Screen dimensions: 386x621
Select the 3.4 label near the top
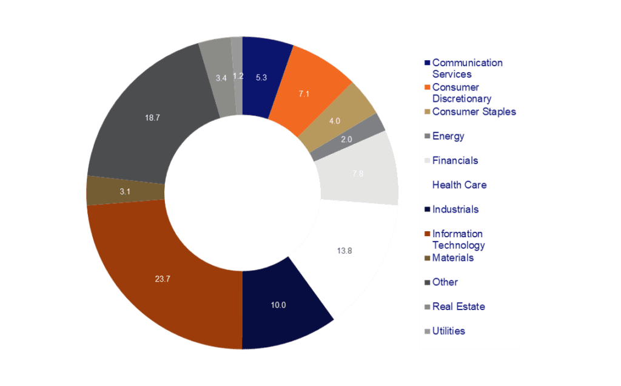(x=221, y=78)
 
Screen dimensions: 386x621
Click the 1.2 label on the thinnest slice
(x=238, y=76)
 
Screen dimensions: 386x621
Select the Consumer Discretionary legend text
(x=462, y=93)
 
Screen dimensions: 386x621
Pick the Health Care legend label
(x=459, y=185)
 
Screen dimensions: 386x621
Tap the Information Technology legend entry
(x=458, y=239)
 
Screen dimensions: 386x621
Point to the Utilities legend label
(x=448, y=331)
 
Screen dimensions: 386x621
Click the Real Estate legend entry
(x=458, y=306)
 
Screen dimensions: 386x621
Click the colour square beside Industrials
(x=428, y=209)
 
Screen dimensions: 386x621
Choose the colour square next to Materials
(x=428, y=258)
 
